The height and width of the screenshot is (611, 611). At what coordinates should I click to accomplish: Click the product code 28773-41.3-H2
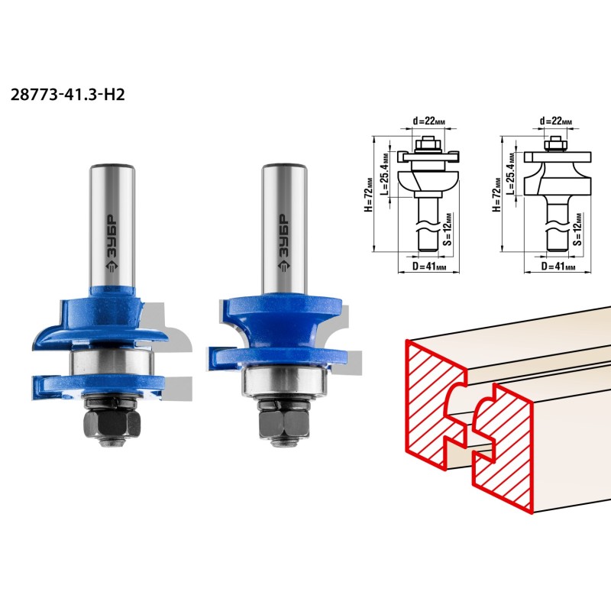(x=67, y=95)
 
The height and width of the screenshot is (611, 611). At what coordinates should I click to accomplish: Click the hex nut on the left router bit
(x=112, y=424)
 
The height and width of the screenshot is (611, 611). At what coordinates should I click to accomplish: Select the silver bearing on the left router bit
(x=112, y=362)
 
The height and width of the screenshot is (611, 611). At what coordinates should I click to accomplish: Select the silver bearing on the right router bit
(x=284, y=381)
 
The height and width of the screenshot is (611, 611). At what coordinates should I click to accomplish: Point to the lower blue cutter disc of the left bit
(x=99, y=387)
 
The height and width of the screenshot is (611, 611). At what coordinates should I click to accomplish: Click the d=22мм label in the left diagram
(x=428, y=121)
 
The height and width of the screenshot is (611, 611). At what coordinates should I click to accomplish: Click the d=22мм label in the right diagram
(x=556, y=121)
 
